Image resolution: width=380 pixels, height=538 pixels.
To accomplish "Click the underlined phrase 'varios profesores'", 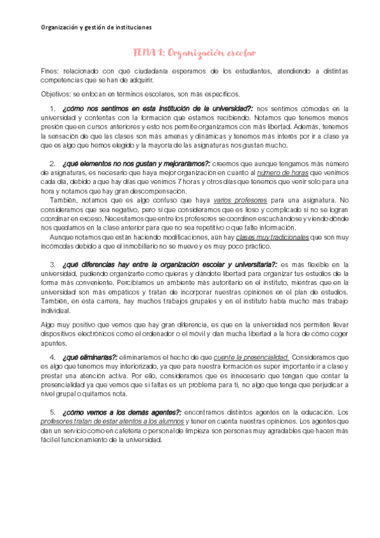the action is tap(240, 200).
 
